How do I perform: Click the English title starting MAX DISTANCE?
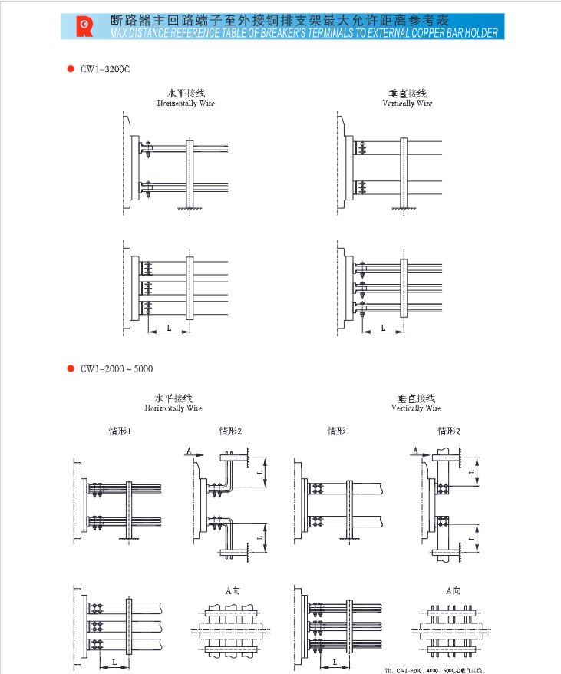(x=304, y=33)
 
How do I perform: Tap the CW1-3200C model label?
(x=106, y=68)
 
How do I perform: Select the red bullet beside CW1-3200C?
(x=70, y=68)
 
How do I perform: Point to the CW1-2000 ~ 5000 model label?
(x=116, y=368)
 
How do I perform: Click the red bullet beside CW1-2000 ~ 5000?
(x=70, y=368)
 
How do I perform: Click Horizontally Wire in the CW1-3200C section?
(x=186, y=103)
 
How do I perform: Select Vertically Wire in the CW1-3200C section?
(x=408, y=103)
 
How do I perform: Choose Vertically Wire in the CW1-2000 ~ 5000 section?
(x=417, y=408)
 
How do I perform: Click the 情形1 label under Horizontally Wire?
(x=120, y=431)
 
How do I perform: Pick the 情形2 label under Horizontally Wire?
(x=230, y=431)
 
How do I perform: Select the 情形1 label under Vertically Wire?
(x=338, y=431)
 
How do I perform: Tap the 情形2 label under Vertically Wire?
(x=449, y=431)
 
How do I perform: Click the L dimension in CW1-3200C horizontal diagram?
(x=169, y=328)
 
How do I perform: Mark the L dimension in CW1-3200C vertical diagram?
(x=383, y=328)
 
